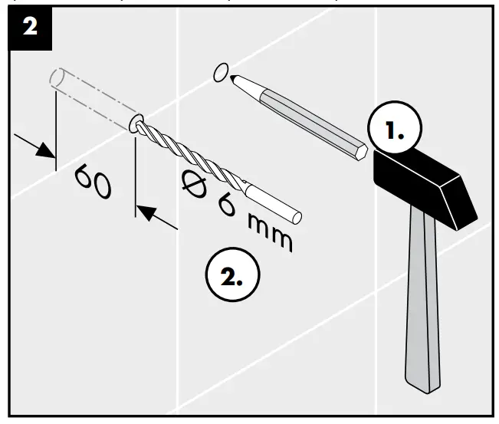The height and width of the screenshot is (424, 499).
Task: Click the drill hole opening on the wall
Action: click(136, 123)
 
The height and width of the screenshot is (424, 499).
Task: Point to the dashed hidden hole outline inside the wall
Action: click(88, 95)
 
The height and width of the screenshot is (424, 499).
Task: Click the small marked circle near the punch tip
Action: click(220, 72)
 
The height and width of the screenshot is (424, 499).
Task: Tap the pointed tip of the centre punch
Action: click(234, 78)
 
